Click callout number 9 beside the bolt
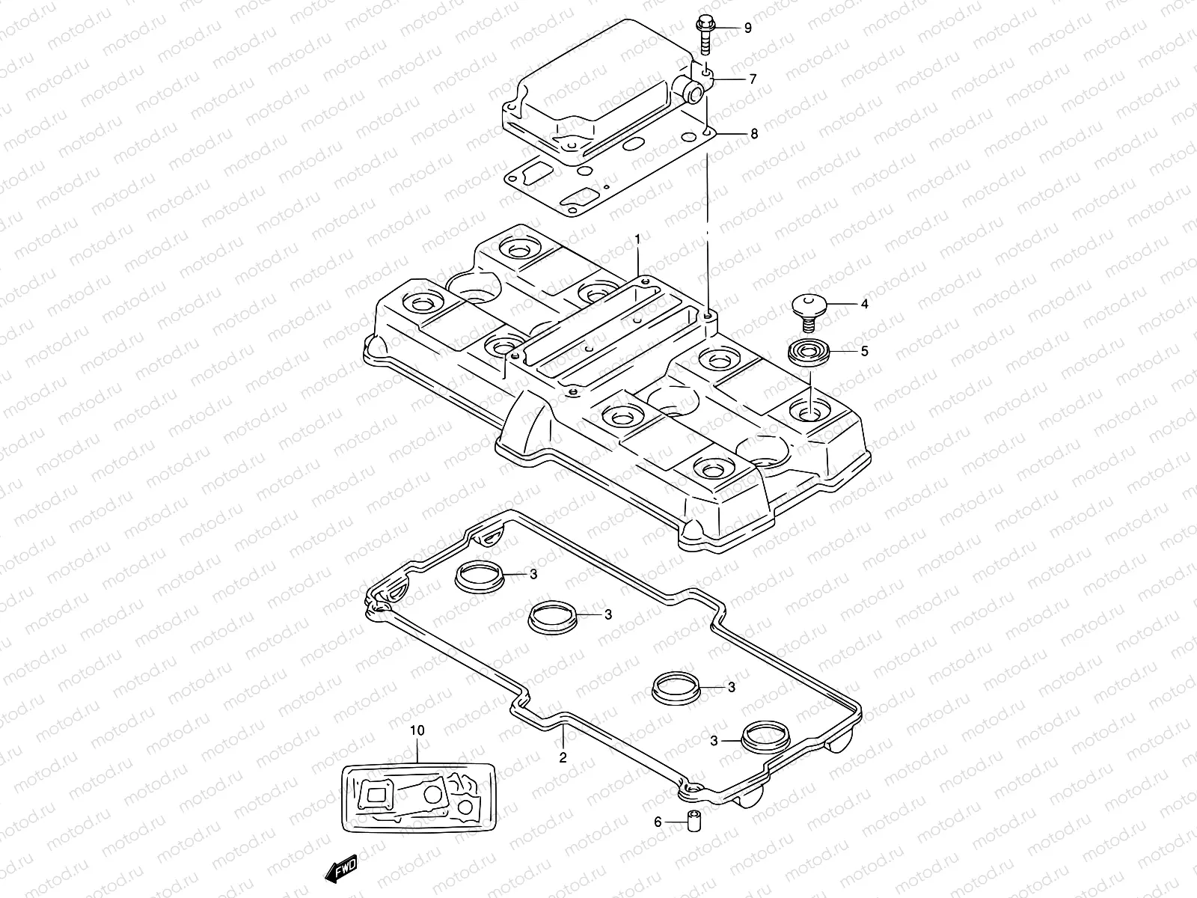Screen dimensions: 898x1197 pos(747,28)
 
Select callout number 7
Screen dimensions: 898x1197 pos(753,79)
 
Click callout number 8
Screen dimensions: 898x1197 pos(753,134)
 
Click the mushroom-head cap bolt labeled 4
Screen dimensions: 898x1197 pos(808,311)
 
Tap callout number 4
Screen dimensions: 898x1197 pos(864,305)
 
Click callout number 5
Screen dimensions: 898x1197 pos(864,351)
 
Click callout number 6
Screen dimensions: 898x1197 pos(658,822)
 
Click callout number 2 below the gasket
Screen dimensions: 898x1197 pos(563,757)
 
